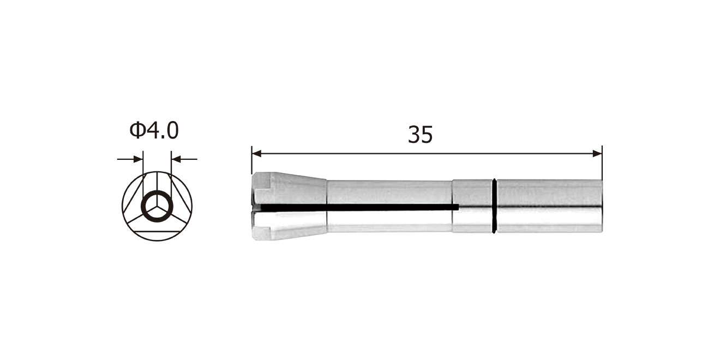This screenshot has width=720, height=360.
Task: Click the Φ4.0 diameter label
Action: click(154, 131)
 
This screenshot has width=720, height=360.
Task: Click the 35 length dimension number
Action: click(421, 135)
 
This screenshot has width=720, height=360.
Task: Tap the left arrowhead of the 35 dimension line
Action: click(256, 154)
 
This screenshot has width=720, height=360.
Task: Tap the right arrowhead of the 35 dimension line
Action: click(597, 154)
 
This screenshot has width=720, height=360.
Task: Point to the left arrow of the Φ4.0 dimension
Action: click(130, 159)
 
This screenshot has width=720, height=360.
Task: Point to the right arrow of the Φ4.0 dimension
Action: click(184, 159)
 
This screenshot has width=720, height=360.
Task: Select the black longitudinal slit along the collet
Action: click(356, 208)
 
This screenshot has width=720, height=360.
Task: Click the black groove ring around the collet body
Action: click(494, 206)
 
